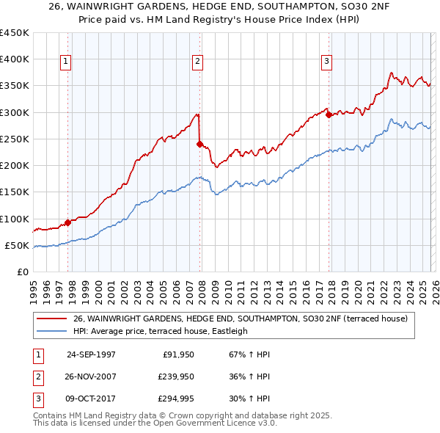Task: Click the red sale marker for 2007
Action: pyautogui.click(x=199, y=145)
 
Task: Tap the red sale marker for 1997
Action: pyautogui.click(x=67, y=222)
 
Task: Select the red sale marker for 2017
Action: pyautogui.click(x=328, y=114)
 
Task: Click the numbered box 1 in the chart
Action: pyautogui.click(x=66, y=62)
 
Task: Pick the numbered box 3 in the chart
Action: pyautogui.click(x=326, y=62)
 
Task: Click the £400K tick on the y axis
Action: pyautogui.click(x=15, y=59)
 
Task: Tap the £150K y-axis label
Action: pyautogui.click(x=15, y=192)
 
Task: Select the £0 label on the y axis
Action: pyautogui.click(x=23, y=272)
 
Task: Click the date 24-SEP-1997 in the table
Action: pyautogui.click(x=91, y=354)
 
